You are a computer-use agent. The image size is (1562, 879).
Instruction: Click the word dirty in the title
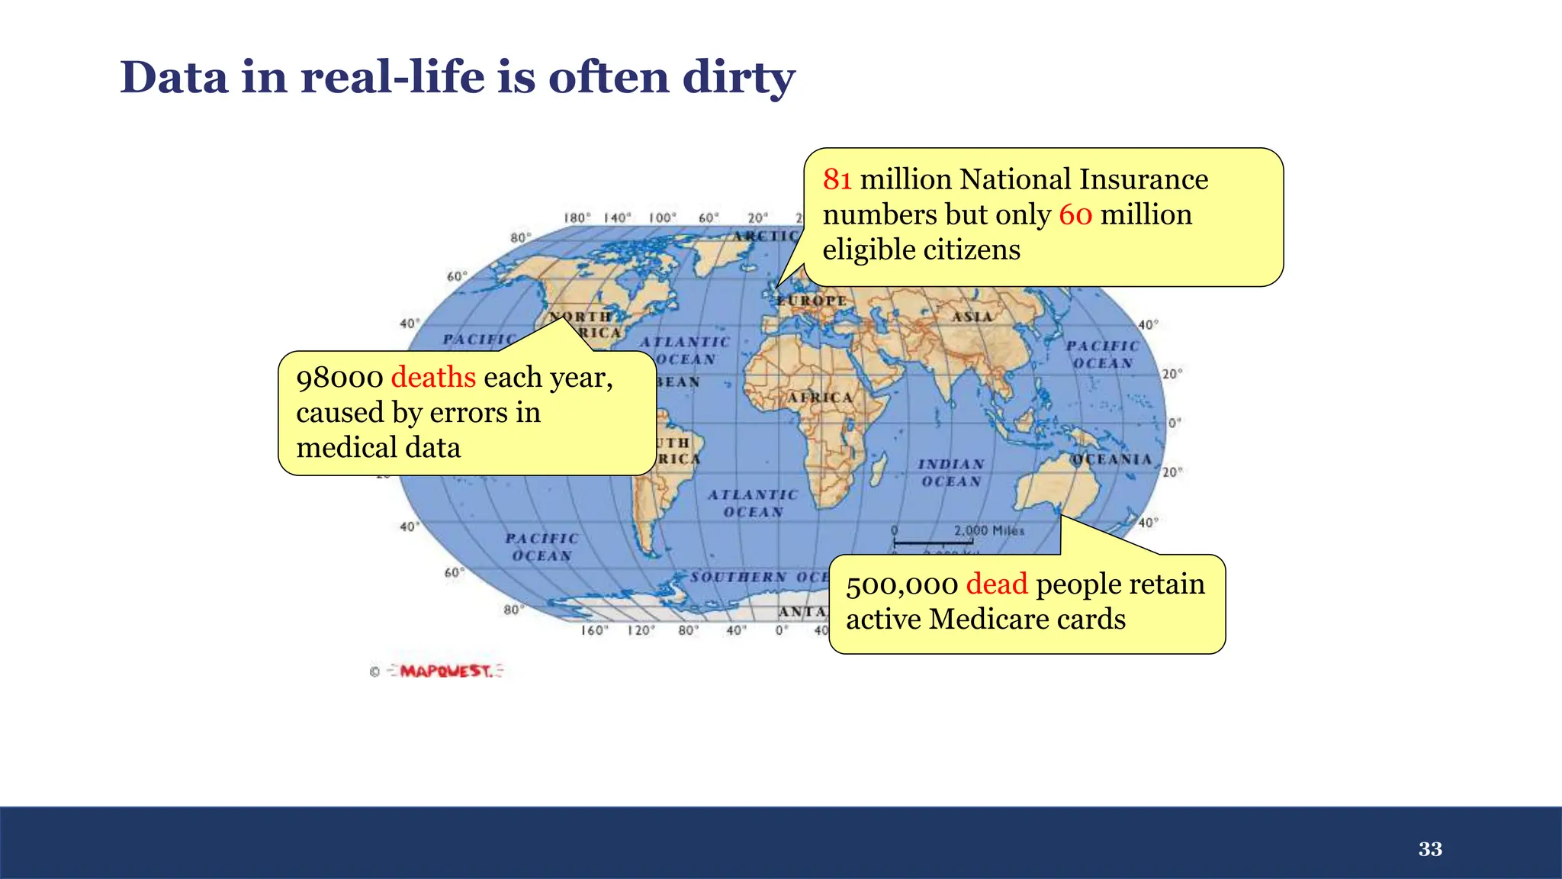[738, 78]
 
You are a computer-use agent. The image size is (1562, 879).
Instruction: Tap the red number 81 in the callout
[837, 179]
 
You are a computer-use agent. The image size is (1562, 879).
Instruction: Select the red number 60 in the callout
[1075, 214]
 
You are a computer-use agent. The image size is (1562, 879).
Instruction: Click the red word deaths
[433, 377]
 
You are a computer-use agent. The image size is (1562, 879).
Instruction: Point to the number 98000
[339, 378]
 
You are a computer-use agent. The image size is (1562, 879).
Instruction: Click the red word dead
[997, 584]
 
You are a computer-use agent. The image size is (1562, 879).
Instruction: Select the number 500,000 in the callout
[902, 584]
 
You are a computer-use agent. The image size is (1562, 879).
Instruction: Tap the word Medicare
[979, 619]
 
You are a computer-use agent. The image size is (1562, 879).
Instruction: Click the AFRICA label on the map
[820, 398]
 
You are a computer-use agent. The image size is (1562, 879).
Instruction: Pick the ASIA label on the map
[972, 316]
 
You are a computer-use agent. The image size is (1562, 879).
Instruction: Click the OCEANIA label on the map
[1110, 459]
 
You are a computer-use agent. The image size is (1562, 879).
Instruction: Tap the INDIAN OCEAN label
[951, 473]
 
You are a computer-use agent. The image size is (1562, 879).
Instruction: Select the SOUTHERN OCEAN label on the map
[759, 577]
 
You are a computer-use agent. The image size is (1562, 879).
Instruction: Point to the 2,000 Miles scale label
[988, 530]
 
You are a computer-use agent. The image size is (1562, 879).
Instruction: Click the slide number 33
[1430, 849]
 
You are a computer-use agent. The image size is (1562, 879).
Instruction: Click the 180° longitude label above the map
[577, 218]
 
